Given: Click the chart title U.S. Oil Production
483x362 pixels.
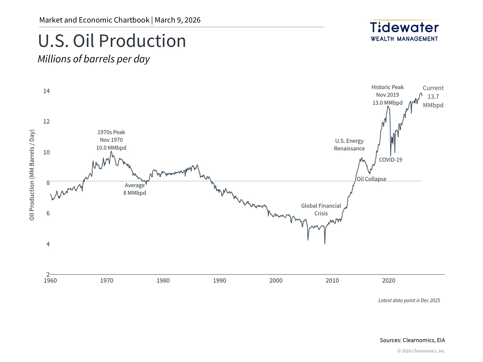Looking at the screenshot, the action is [x=112, y=41].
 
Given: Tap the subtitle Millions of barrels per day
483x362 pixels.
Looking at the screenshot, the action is [x=94, y=59].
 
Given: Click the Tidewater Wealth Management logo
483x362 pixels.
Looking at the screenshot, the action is [x=404, y=30].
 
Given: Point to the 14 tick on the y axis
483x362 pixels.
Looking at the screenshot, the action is [x=47, y=91].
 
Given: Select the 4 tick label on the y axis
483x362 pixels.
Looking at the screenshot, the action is [x=48, y=244].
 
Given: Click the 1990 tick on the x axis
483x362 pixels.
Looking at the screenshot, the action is [x=219, y=281].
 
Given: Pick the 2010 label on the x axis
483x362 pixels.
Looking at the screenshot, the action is [x=332, y=281].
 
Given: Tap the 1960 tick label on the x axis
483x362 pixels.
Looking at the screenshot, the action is [x=50, y=281].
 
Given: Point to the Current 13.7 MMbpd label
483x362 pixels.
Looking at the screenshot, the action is [x=433, y=97].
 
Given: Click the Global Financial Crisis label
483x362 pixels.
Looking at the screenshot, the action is [x=321, y=210].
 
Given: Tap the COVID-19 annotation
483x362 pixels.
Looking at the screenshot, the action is [x=390, y=160].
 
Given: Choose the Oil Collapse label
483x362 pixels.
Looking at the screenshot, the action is [x=372, y=179].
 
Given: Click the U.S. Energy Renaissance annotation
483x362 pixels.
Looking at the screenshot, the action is [x=349, y=145].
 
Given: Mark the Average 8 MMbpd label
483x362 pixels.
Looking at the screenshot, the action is [x=135, y=189].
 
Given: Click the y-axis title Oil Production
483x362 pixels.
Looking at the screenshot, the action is [x=32, y=175].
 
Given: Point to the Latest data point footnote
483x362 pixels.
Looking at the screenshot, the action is [x=409, y=300].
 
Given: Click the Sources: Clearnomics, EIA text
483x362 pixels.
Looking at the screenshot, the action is [x=412, y=340].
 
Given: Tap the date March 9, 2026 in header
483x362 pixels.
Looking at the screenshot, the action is [x=178, y=20].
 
